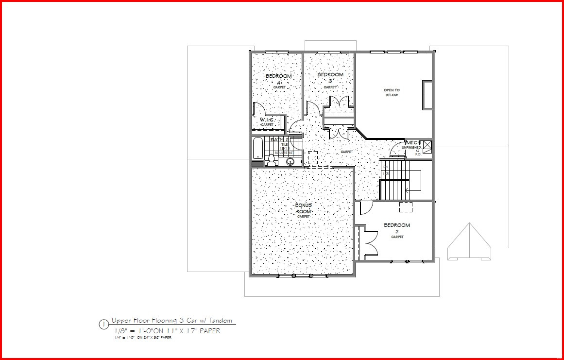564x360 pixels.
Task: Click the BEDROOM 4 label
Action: [278, 76]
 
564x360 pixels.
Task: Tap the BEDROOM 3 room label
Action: [330, 75]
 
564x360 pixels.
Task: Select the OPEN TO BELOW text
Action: [392, 92]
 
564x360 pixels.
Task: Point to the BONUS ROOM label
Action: [303, 208]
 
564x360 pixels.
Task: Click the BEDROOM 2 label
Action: [397, 225]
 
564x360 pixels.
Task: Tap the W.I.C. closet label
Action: [267, 120]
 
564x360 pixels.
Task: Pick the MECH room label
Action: [413, 142]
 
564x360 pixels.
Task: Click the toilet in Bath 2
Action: [271, 159]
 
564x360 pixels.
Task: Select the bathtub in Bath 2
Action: [258, 148]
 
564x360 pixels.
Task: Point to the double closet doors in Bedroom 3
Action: [340, 102]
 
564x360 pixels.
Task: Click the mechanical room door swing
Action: [398, 149]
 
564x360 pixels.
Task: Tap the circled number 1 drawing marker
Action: [103, 325]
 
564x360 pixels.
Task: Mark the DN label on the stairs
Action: [386, 167]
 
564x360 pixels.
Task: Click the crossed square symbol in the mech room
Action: [427, 145]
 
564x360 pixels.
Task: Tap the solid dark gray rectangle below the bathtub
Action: [257, 164]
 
